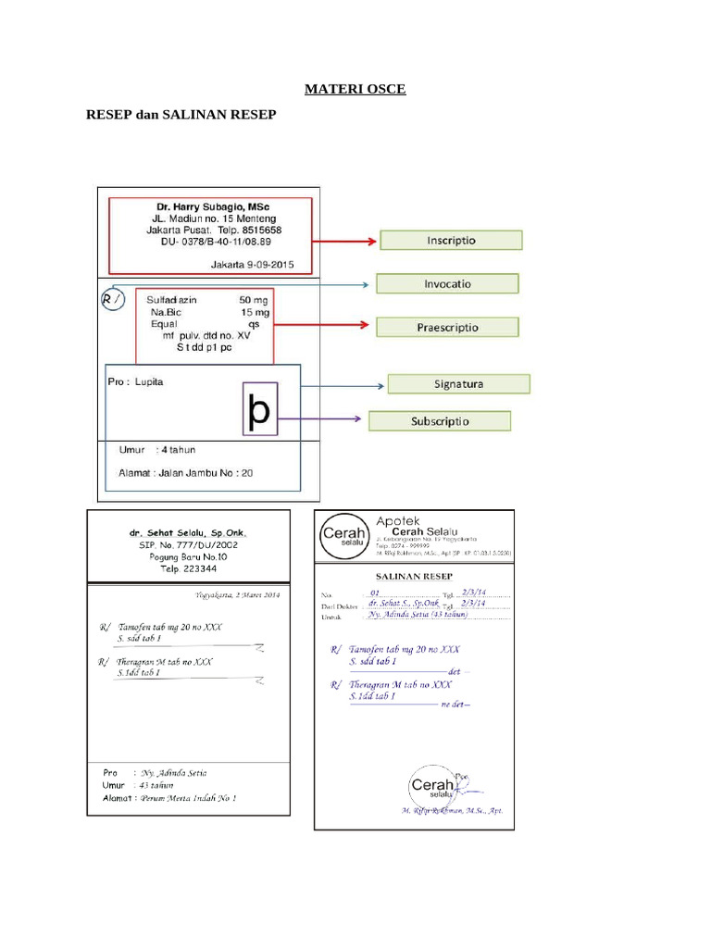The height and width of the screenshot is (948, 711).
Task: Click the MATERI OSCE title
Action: coord(355,89)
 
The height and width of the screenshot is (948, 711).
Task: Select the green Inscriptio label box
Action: coord(451,240)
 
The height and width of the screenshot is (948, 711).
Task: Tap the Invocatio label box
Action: coord(447,283)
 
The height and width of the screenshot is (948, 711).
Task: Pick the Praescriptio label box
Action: coord(447,327)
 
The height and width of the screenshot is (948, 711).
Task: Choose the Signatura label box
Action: coord(458,383)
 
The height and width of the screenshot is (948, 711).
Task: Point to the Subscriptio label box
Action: coord(440,421)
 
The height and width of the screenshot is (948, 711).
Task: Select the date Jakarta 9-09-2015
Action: coord(252,265)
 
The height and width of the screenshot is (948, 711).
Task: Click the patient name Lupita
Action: coord(149,381)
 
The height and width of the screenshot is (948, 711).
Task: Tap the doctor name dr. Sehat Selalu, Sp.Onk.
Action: coord(189,533)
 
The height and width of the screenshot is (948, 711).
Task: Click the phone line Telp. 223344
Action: coord(189,569)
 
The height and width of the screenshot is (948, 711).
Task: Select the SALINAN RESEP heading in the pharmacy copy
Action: coord(413,575)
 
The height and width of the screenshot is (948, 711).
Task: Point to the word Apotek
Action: coord(398,521)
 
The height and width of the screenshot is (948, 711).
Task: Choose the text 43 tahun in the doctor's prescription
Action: coord(156,785)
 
